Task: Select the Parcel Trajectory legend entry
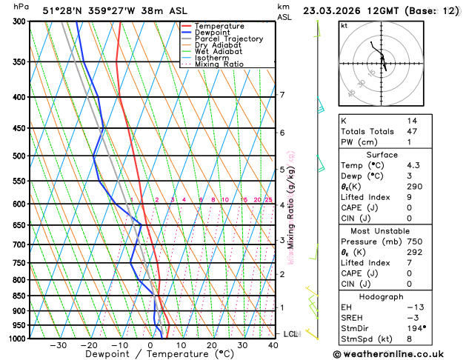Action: [228, 39]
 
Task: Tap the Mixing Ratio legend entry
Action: [219, 64]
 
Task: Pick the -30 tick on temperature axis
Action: [59, 345]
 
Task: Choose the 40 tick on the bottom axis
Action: [273, 345]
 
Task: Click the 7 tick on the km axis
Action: [282, 95]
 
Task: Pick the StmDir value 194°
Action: [416, 327]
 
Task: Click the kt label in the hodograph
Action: [344, 26]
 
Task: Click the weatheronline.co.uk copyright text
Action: [397, 354]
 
